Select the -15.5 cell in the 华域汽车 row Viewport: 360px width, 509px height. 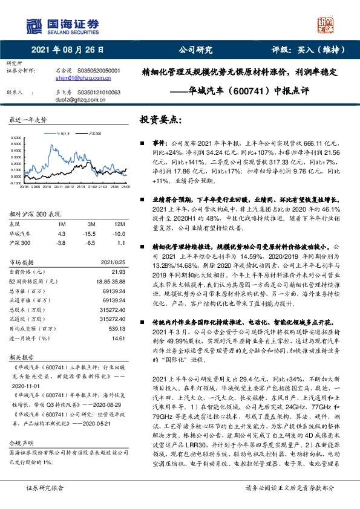tap(91, 233)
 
